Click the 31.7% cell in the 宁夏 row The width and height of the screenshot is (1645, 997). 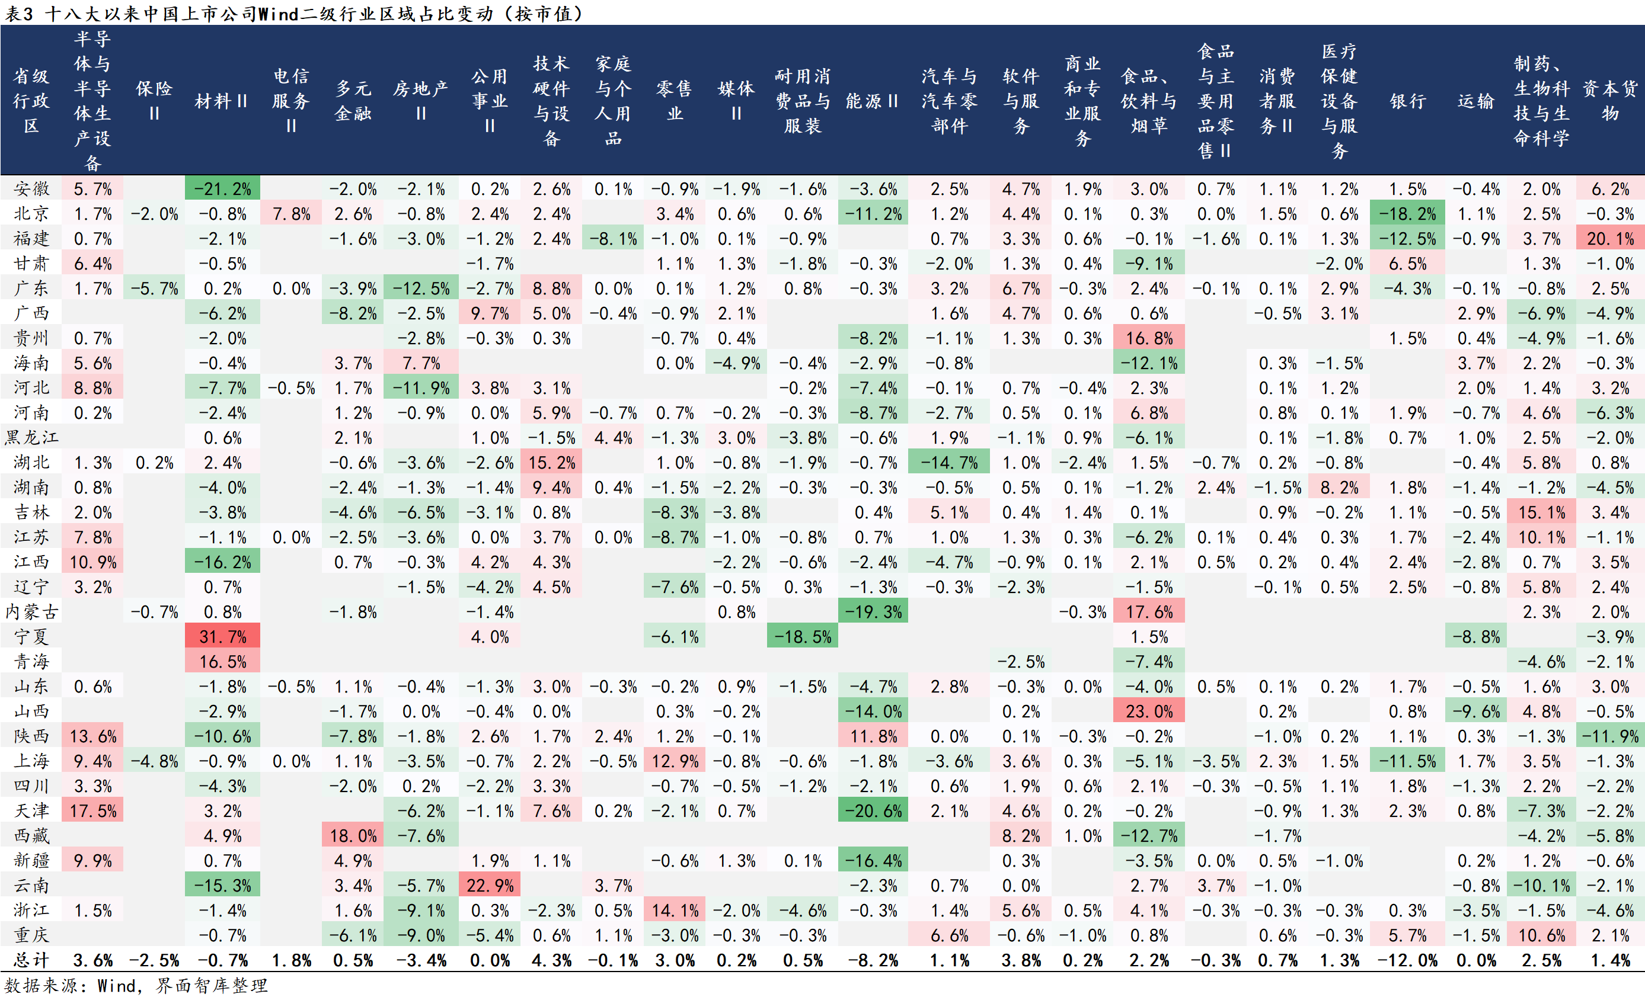tap(222, 637)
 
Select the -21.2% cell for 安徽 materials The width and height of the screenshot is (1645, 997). tap(222, 189)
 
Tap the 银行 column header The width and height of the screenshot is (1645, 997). tap(1407, 101)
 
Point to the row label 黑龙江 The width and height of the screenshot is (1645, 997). tap(31, 438)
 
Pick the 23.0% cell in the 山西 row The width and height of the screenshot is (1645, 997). tap(1148, 711)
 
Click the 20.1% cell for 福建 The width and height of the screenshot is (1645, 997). tap(1609, 239)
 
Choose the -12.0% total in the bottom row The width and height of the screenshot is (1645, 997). tap(1407, 960)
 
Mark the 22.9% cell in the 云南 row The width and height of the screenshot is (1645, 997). tap(490, 886)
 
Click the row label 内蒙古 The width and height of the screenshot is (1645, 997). tap(31, 612)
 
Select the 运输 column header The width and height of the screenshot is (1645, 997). tap(1475, 101)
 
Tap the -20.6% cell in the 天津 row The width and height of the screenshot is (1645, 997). tap(873, 811)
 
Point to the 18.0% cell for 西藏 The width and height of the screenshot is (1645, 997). tap(353, 835)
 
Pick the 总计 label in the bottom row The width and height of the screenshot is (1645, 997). tap(31, 960)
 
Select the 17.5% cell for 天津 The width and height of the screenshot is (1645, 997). tap(93, 811)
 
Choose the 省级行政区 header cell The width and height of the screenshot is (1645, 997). tap(31, 101)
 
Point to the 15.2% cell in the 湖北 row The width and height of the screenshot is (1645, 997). tap(551, 463)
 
